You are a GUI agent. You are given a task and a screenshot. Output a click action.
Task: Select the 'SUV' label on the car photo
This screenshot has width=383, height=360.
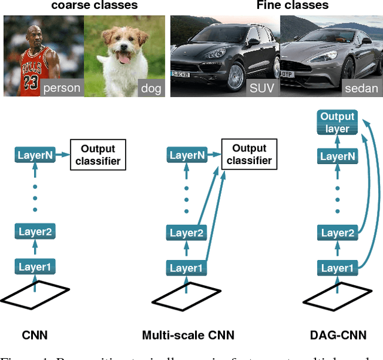262,88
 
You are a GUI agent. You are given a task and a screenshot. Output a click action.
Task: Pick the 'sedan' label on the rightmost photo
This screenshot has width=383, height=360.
361,88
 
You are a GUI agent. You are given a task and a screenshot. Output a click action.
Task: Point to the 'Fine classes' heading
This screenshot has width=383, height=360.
293,6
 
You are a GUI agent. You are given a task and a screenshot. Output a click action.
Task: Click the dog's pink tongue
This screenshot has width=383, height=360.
124,58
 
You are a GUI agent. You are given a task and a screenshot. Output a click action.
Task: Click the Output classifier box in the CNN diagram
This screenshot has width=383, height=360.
98,155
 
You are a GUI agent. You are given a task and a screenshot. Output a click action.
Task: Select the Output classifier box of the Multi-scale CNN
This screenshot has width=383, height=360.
249,155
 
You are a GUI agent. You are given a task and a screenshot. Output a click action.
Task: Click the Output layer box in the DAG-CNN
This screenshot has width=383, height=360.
338,122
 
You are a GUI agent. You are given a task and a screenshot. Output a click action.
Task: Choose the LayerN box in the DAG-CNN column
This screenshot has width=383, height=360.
338,156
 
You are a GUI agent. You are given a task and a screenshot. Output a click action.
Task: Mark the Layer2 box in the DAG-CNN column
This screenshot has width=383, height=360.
338,233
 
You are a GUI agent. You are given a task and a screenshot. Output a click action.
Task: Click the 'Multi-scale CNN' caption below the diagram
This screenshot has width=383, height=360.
188,335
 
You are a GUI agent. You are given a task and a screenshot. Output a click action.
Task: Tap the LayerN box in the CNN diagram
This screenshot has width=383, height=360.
35,156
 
